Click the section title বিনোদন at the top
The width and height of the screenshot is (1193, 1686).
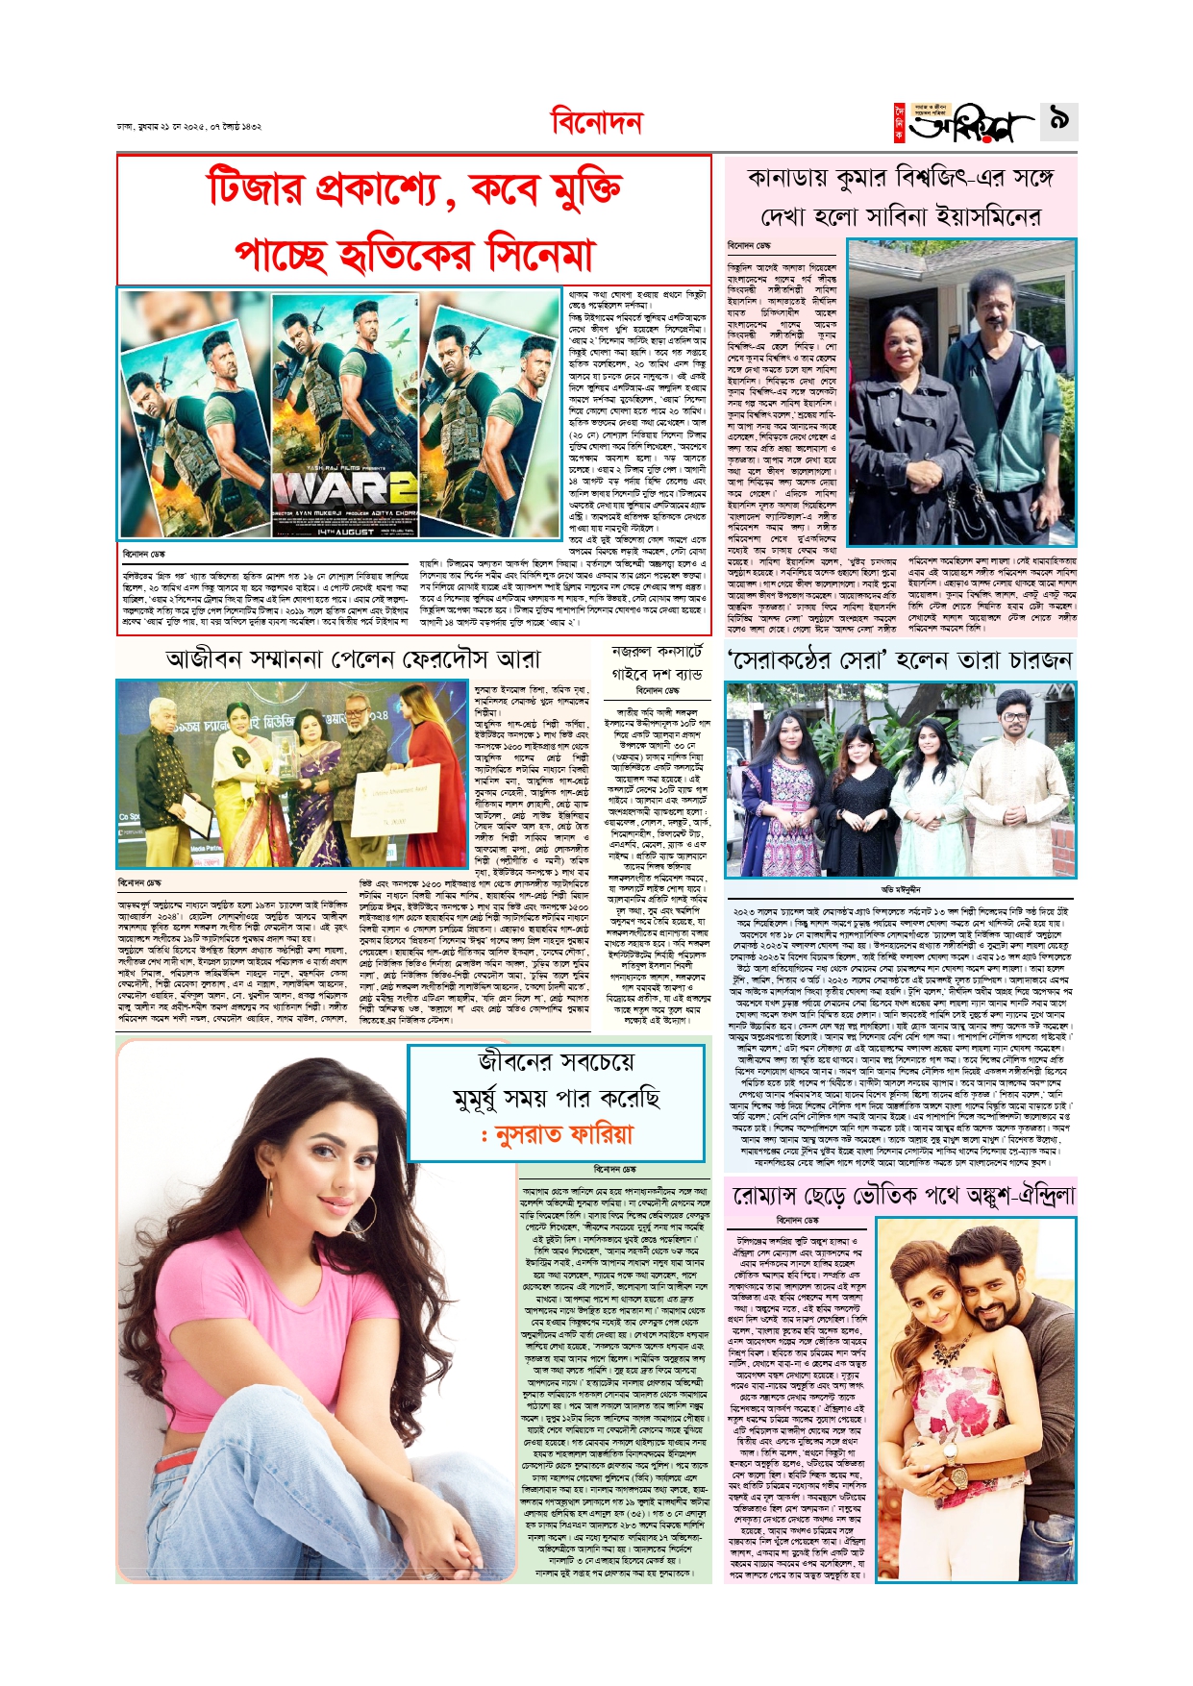[596, 123]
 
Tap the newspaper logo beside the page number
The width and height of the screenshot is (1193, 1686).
[965, 123]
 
